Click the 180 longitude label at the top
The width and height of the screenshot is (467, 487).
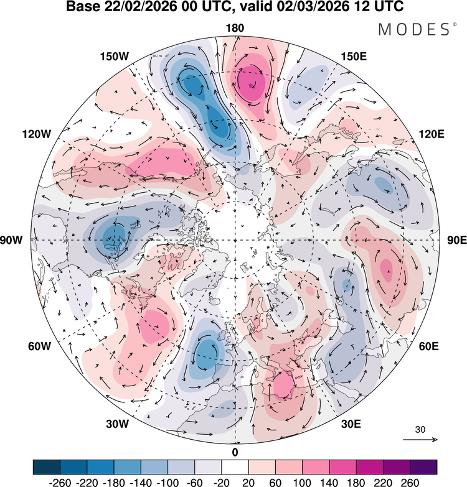coord(235,28)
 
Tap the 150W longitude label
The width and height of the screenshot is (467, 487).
coord(114,57)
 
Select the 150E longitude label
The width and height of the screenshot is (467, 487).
coord(354,57)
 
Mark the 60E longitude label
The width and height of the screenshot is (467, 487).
coord(432,346)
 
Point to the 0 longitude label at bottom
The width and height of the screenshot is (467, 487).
coord(235,452)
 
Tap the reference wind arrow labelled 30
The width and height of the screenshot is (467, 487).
coord(420,440)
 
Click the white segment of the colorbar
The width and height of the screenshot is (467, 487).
coord(235,466)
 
